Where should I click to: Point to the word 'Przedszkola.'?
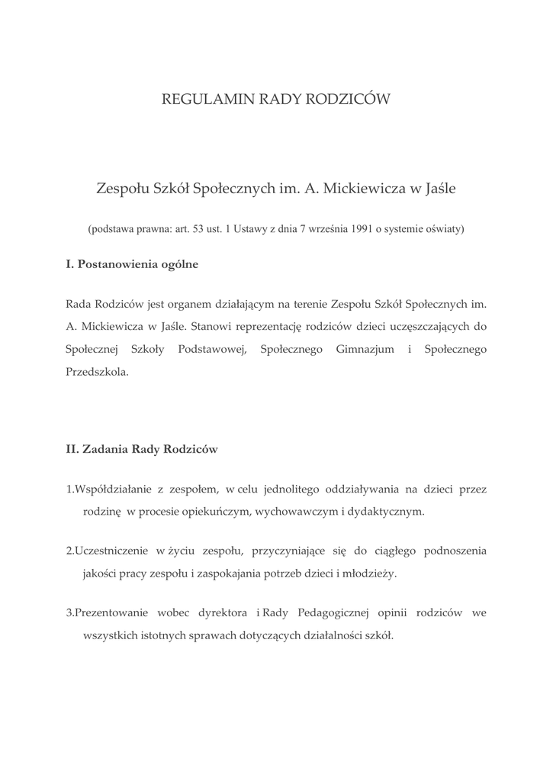click(x=98, y=373)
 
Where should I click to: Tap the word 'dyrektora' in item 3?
click(x=224, y=612)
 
